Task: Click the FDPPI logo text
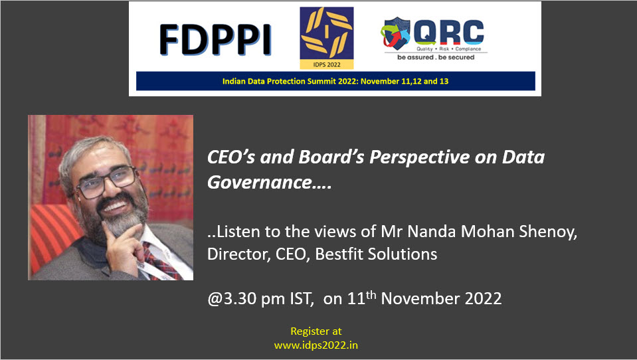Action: [215, 40]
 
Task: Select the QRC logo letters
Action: [449, 32]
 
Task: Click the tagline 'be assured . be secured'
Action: [436, 57]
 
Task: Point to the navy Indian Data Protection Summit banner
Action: [335, 81]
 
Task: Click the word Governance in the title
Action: [260, 183]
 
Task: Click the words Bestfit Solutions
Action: [376, 254]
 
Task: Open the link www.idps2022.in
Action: [316, 345]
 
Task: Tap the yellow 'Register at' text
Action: [316, 331]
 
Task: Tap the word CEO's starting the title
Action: [230, 157]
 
